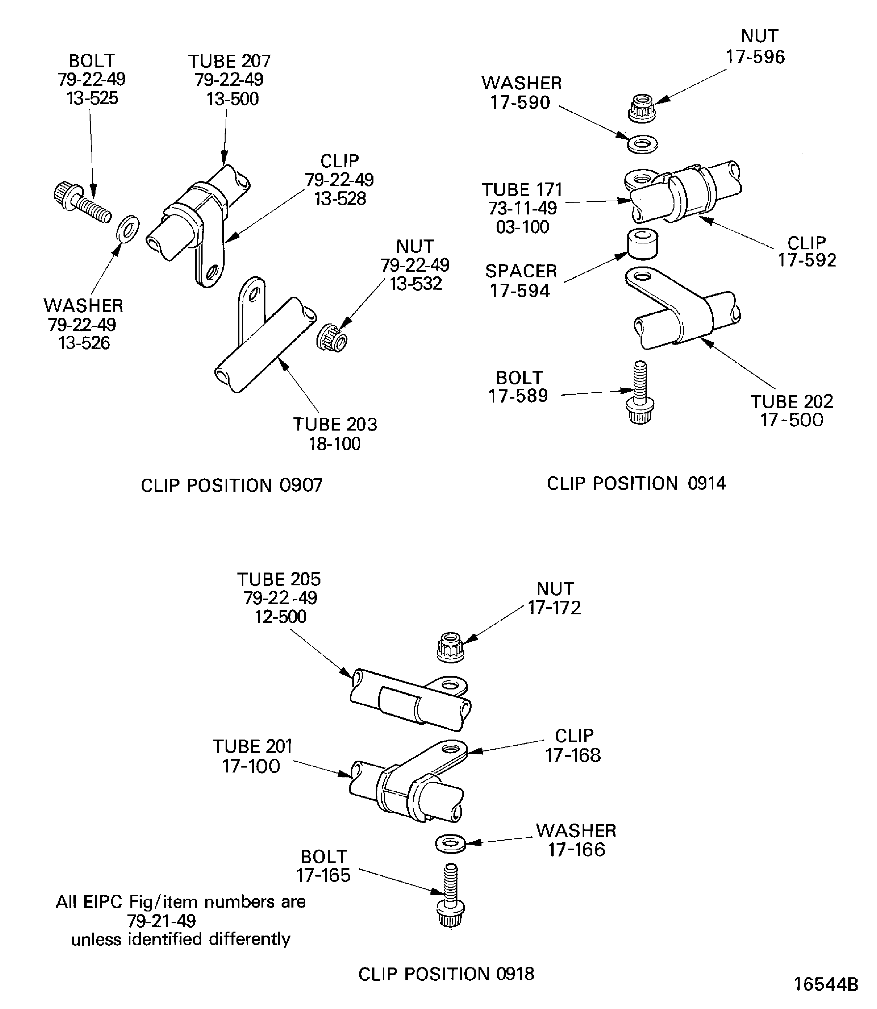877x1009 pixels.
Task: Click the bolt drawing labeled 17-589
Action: pos(640,393)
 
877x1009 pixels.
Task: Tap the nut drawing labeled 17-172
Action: pos(450,648)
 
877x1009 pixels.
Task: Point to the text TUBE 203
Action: pos(335,425)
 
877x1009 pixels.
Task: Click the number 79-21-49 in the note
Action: pos(161,921)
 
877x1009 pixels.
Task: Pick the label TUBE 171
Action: pos(522,189)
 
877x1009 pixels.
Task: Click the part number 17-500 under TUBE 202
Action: pos(791,420)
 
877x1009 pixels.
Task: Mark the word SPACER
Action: pos(521,271)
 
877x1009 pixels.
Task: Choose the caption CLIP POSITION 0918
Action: pos(446,974)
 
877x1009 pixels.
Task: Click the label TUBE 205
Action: pos(279,579)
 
